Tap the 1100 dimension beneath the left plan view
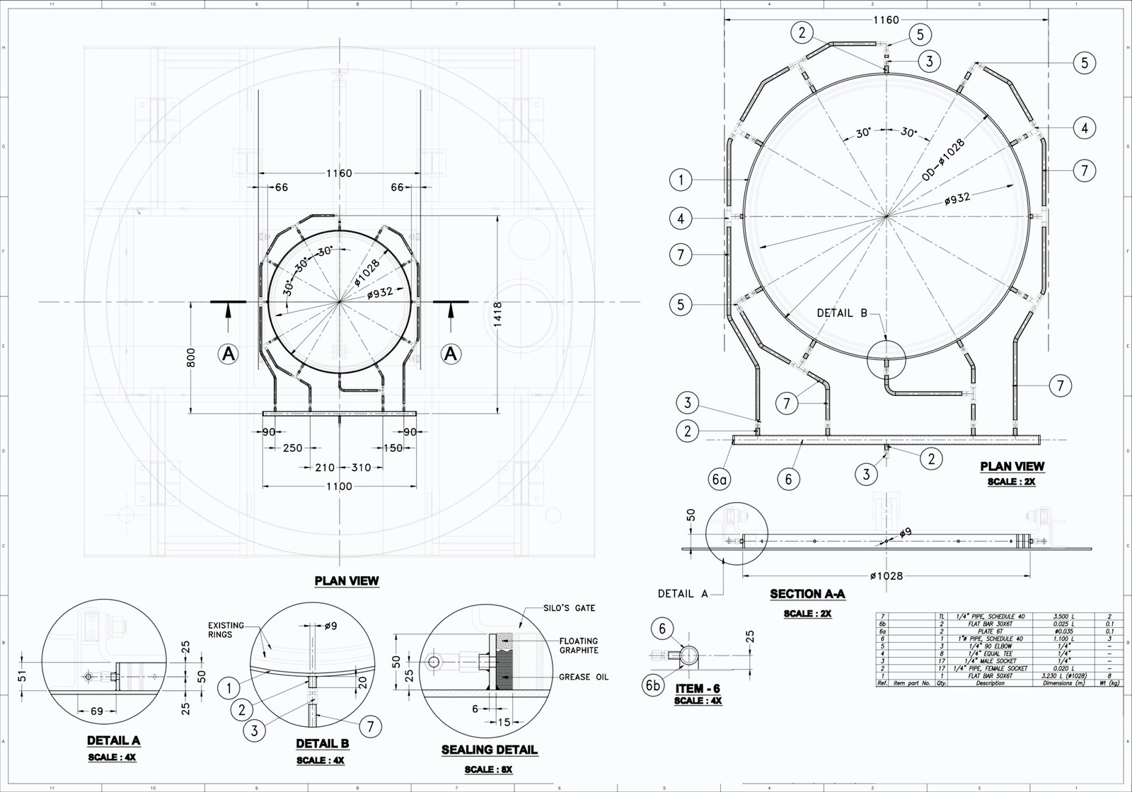point(340,487)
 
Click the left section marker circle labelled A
point(228,354)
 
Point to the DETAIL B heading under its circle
point(322,744)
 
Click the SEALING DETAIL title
point(490,750)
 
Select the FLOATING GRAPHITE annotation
point(579,645)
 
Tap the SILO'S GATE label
point(570,608)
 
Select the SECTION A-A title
point(807,594)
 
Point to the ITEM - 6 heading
point(698,688)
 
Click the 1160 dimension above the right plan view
point(886,20)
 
